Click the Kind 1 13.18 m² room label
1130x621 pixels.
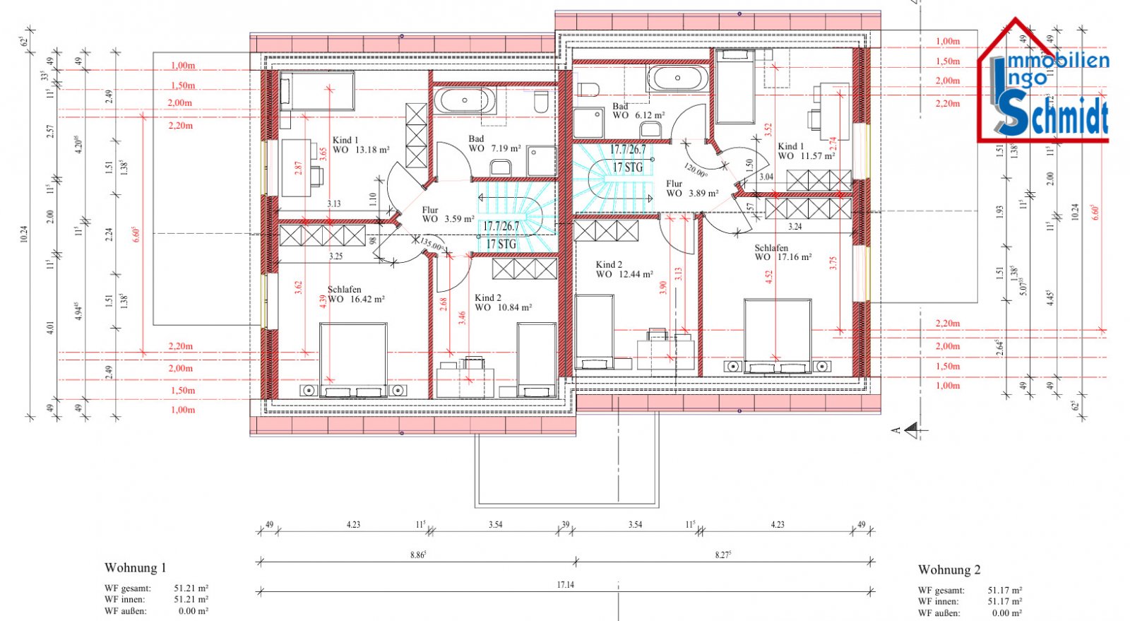click(360, 145)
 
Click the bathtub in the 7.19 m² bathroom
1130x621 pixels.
click(465, 100)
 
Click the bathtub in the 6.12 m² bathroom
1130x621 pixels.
click(677, 78)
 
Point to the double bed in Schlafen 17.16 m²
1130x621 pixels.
click(777, 336)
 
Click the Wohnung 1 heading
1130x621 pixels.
click(136, 568)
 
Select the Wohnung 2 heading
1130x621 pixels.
click(949, 569)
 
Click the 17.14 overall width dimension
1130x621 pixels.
click(565, 585)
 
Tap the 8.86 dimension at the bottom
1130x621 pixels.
click(417, 555)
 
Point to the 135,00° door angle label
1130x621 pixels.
click(432, 245)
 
